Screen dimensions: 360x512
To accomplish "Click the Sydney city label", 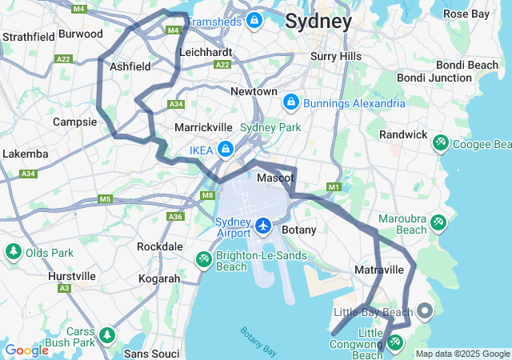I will click(318, 21).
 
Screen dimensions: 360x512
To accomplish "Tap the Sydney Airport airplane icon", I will click(263, 226).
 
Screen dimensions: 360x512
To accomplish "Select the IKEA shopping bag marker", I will click(226, 149).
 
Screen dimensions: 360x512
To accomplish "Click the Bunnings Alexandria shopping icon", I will click(291, 102).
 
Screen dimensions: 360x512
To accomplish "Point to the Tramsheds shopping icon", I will click(254, 19).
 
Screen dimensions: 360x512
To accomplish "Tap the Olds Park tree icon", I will click(14, 253).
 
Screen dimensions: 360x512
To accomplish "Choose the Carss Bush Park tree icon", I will click(107, 334).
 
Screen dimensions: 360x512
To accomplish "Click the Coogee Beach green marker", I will click(439, 143).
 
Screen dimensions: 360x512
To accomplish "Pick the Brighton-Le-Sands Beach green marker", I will click(204, 259).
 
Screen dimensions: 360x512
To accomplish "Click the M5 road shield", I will click(106, 198).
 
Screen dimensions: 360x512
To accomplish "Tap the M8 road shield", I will click(208, 195).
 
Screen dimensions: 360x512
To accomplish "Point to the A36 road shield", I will click(175, 216).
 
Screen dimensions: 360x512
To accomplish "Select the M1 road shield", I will click(334, 187).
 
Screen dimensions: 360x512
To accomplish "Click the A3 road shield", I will click(64, 287).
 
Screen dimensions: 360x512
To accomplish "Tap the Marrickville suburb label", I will click(203, 127).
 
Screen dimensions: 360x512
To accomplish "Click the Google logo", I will click(26, 350).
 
